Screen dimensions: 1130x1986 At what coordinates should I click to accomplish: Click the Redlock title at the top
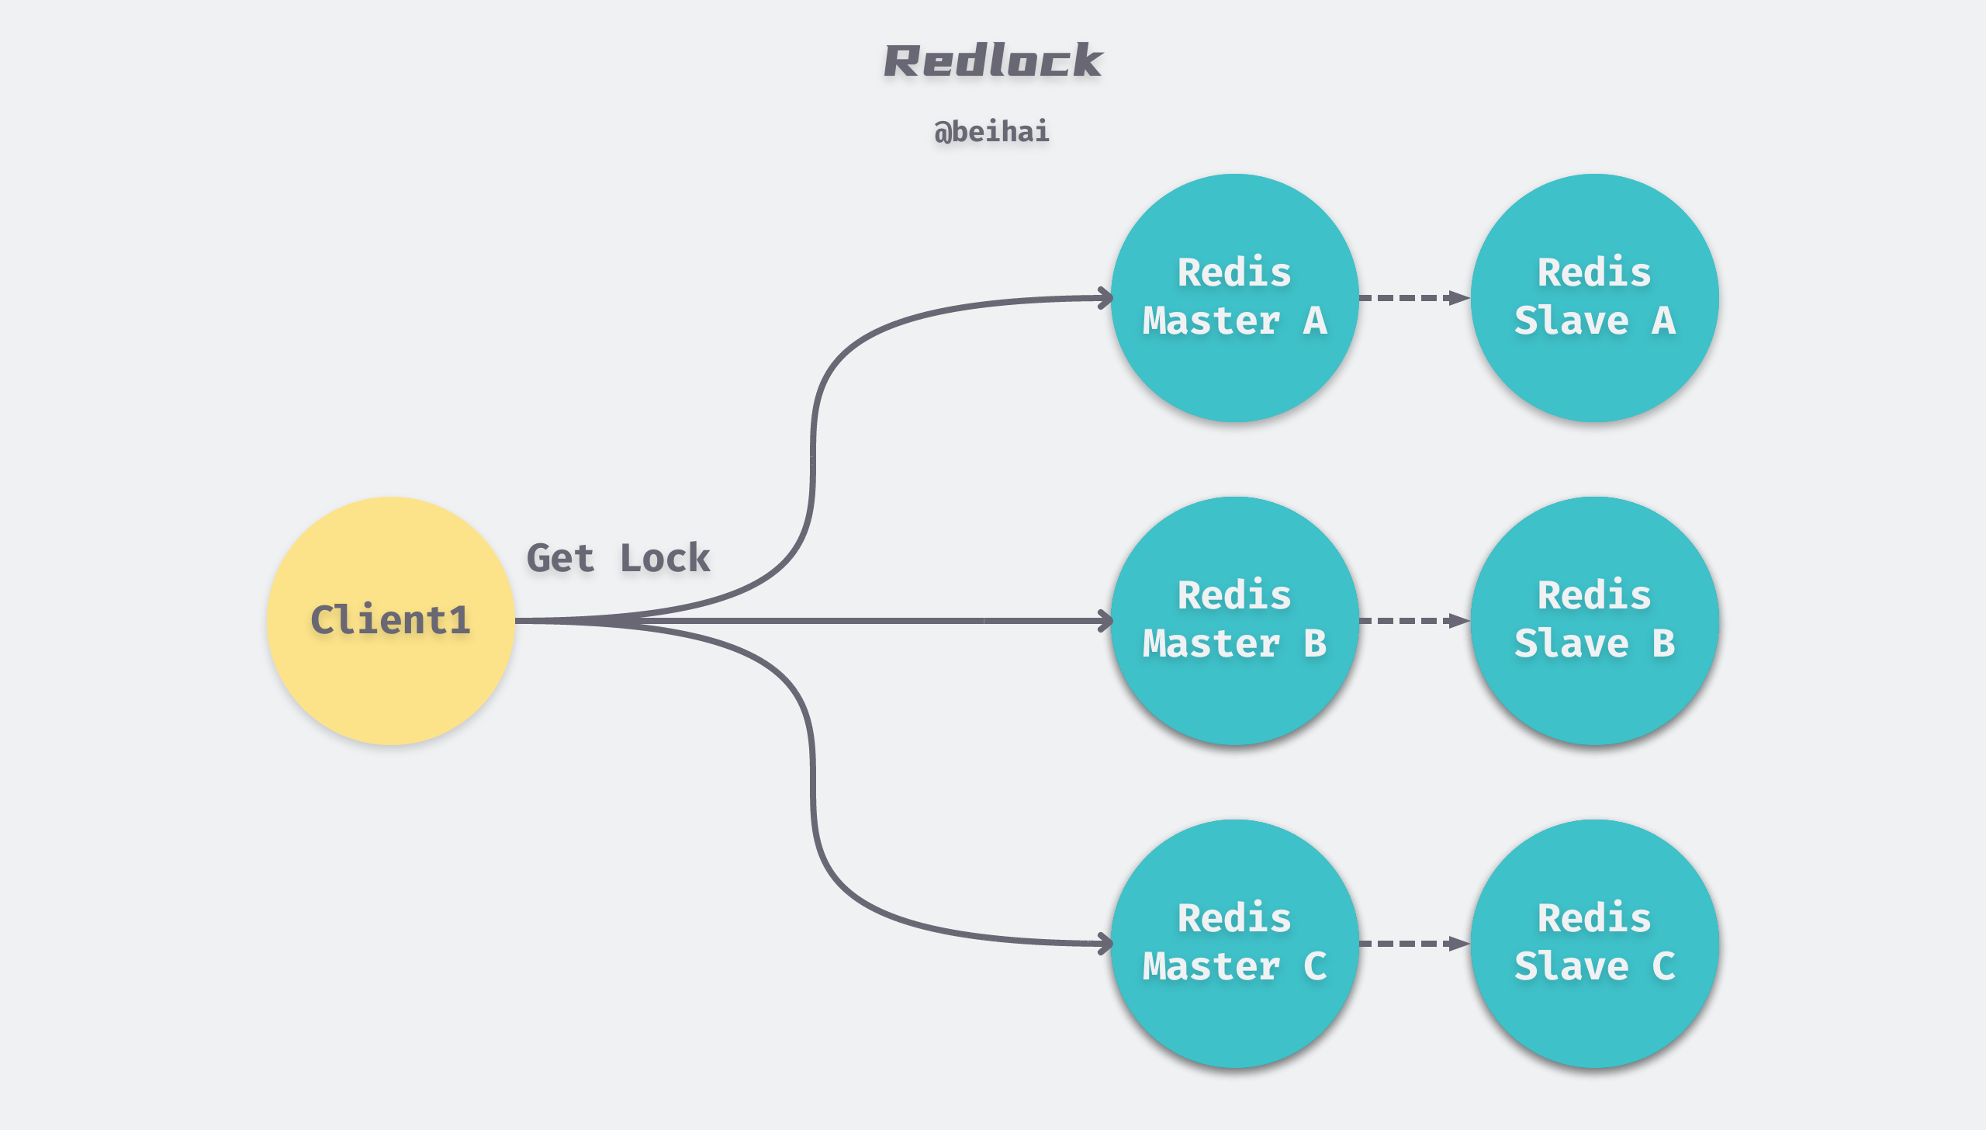(992, 61)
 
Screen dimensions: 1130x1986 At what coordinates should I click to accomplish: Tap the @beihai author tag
(991, 131)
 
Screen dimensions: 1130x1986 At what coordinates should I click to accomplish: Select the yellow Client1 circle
(390, 620)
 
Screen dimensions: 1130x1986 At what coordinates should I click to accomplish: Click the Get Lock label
(618, 558)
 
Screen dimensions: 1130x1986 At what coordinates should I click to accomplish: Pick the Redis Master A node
(1234, 297)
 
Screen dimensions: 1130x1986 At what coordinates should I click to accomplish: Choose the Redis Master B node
(1234, 620)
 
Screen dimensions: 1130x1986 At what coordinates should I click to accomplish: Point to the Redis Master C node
(1234, 943)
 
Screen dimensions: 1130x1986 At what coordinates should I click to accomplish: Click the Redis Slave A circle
(1594, 297)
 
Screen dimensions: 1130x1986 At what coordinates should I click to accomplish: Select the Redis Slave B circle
(1594, 620)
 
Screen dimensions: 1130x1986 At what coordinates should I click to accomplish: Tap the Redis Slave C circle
(1594, 943)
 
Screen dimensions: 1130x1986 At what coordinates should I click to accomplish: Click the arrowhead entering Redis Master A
(1105, 298)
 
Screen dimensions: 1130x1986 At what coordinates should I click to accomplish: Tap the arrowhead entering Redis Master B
(1105, 620)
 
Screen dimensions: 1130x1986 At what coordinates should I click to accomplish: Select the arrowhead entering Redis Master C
(1105, 943)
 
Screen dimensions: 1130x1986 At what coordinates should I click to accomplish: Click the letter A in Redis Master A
(1315, 321)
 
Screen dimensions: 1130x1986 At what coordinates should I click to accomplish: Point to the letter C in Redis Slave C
(1663, 966)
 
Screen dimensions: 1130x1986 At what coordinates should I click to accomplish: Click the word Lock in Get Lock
(665, 558)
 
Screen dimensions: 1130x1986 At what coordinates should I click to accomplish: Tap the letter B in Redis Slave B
(1663, 643)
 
